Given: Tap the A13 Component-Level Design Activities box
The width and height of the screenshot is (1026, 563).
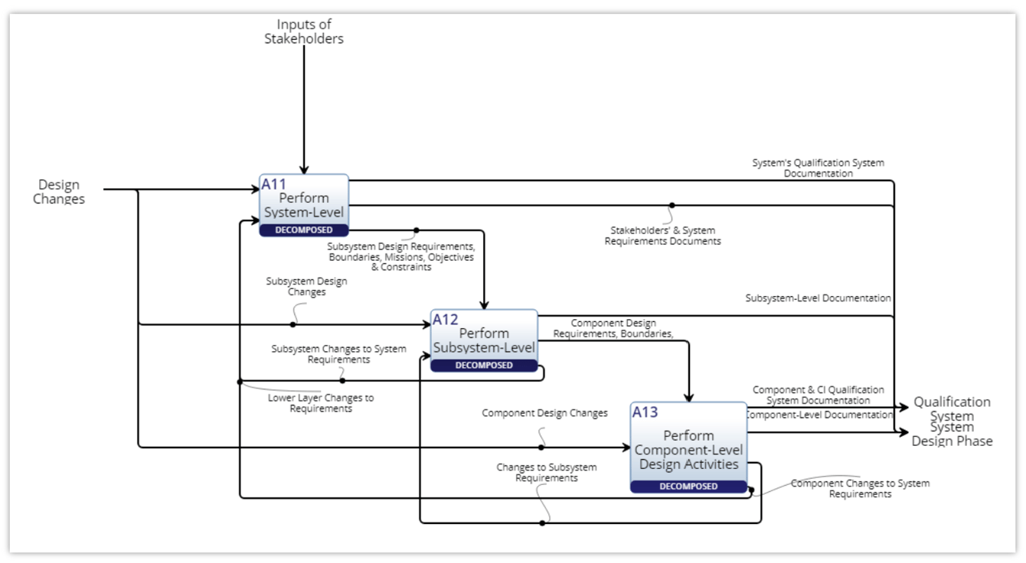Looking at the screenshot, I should tap(688, 443).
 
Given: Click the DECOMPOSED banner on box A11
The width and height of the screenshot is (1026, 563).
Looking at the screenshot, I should tap(304, 230).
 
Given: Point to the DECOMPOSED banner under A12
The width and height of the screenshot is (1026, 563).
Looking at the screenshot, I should tap(484, 366).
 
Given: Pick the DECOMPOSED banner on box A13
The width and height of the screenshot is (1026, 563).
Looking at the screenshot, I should tap(688, 487).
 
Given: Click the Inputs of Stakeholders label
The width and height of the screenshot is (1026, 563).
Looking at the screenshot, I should tap(304, 31).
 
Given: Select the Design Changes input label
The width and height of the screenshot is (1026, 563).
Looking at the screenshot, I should tap(59, 192).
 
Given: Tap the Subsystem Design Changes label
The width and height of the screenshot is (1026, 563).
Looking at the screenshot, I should tap(306, 286).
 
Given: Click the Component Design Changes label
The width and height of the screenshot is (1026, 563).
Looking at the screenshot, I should tap(544, 413).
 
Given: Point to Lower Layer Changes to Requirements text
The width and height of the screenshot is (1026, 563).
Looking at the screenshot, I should tap(321, 403).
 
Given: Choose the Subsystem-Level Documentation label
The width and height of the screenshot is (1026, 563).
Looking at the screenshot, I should tap(818, 298).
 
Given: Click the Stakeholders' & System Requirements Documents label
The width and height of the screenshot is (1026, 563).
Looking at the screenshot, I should tap(662, 236).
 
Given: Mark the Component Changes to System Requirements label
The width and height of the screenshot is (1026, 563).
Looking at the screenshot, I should tap(860, 489).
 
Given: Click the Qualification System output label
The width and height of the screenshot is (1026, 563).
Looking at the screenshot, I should tap(952, 408).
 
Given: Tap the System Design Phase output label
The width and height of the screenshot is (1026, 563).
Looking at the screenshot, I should tap(952, 434).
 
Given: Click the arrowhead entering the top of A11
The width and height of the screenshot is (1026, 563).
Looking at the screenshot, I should tap(304, 169).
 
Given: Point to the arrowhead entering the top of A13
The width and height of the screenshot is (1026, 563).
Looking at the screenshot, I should tap(688, 397).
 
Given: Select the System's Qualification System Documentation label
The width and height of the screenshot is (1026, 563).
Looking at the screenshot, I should tap(818, 168).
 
